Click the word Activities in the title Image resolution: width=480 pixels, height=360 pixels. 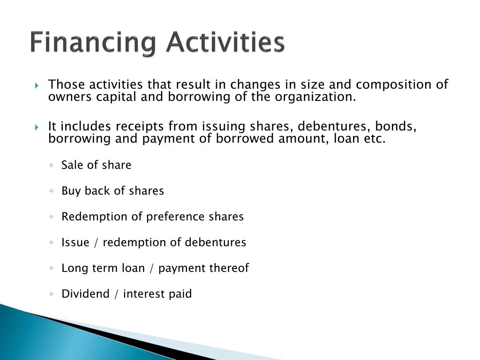(225, 42)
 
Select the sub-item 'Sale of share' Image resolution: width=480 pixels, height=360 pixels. (96, 165)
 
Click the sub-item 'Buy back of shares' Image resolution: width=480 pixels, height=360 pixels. (112, 191)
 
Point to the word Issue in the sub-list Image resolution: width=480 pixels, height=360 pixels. (75, 242)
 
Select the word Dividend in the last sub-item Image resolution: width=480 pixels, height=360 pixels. (82, 294)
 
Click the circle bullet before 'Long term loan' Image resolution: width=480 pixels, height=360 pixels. (52, 269)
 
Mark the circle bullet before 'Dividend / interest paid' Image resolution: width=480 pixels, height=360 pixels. (52, 294)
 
